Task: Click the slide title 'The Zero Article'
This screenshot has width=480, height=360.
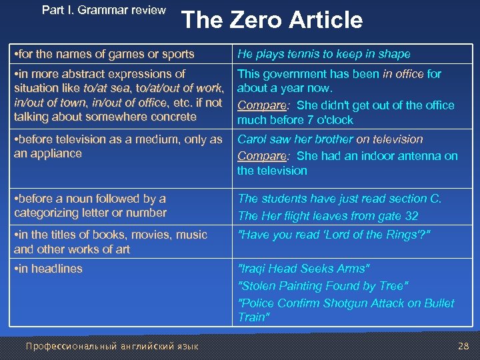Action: coord(271,20)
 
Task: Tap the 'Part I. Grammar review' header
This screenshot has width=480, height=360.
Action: coord(103,10)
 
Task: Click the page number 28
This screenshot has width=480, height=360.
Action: coord(463,345)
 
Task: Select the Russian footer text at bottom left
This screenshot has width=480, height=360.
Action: coord(111,345)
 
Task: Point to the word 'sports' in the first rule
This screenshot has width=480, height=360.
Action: coord(177,54)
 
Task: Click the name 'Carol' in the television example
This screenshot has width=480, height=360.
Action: coord(252,139)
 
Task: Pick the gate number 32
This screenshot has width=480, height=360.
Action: coord(411,215)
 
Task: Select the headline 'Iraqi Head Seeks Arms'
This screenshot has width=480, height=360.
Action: coord(303,269)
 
